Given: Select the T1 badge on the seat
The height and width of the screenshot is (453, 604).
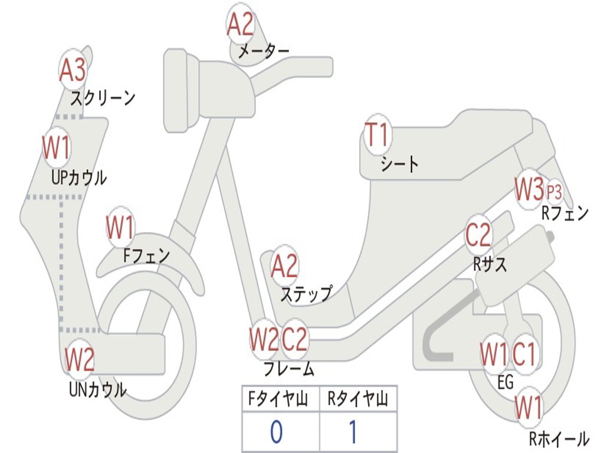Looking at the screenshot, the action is point(377,136).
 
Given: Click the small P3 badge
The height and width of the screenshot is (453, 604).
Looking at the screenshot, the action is point(554,192).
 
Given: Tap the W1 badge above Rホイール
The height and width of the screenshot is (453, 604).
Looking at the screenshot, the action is point(528,407).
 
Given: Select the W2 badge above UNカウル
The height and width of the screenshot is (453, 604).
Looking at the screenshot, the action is point(80,360).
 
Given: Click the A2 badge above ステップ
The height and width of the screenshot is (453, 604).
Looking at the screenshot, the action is point(285,267).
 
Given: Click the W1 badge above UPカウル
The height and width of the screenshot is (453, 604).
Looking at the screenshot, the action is point(57,147).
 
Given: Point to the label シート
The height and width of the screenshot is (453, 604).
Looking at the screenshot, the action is point(399,164).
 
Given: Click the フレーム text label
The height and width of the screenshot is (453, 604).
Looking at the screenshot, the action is point(289,370).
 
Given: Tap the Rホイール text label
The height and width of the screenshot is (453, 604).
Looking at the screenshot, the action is point(559,439).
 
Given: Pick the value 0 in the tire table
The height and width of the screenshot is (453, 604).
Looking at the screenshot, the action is point(277,432).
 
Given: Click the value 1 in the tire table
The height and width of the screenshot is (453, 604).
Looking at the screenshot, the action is point(353,432).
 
